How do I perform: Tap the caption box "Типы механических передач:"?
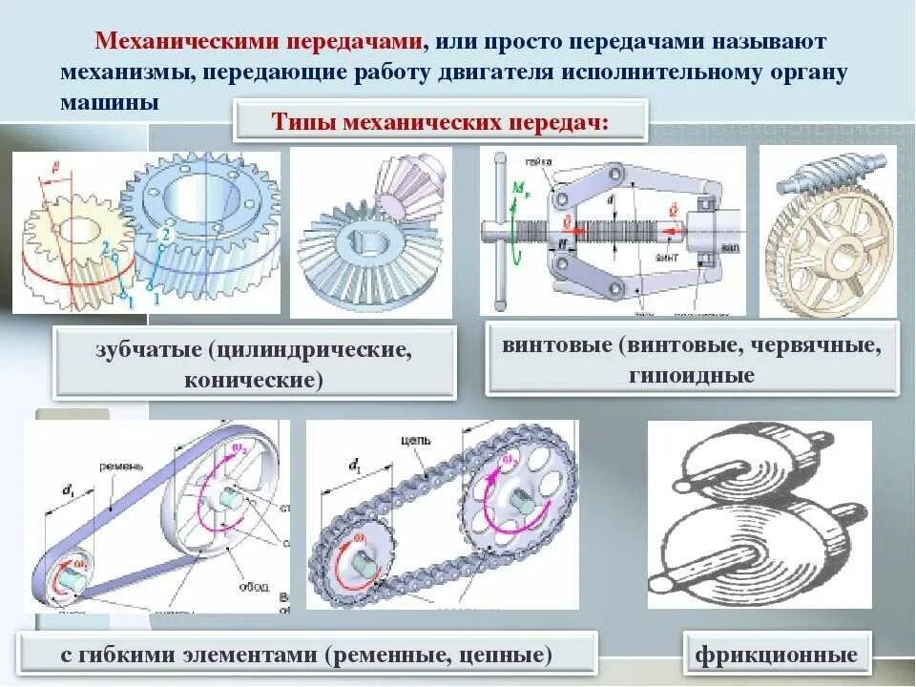tap(440, 121)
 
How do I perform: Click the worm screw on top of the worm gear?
tap(828, 179)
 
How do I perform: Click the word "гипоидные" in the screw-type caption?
tap(692, 375)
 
